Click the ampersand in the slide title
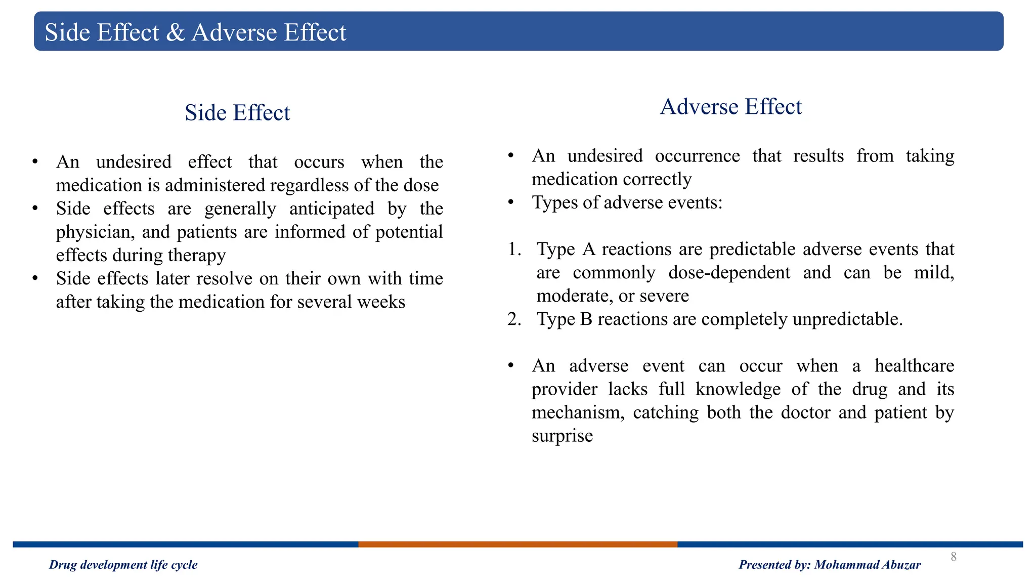point(176,33)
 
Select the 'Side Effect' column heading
point(237,112)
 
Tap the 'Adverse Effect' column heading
point(730,107)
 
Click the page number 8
point(954,557)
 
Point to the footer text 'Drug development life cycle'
point(123,565)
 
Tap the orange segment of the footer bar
point(517,545)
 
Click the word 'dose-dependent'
point(729,273)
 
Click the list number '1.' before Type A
point(514,249)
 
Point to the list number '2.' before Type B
point(514,319)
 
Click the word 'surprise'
point(562,436)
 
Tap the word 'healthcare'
point(914,366)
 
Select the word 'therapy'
point(197,256)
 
